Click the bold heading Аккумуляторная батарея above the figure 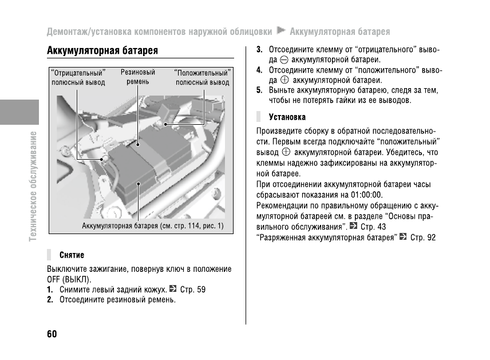[x=102, y=51]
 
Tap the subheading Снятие [x=72, y=255]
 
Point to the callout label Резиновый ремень [x=138, y=77]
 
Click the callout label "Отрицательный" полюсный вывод [x=78, y=78]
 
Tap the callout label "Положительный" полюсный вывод [x=202, y=78]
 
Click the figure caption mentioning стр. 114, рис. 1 [x=153, y=226]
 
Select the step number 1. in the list [x=50, y=290]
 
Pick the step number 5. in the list [x=259, y=90]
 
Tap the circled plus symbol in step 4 [x=284, y=80]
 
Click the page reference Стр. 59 [x=192, y=290]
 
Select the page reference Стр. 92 [x=423, y=237]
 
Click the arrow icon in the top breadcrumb [x=280, y=30]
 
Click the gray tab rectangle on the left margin [x=19, y=112]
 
